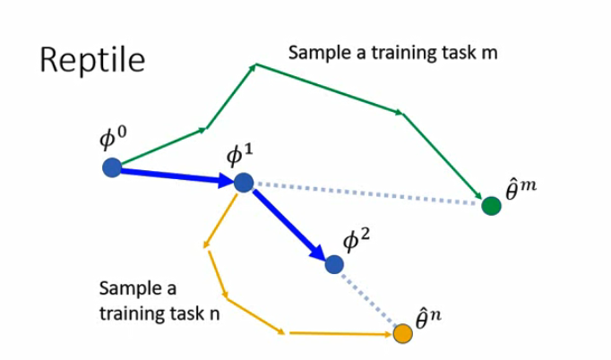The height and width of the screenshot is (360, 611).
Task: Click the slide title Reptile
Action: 92,60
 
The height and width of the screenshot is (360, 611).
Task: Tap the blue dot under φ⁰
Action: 112,167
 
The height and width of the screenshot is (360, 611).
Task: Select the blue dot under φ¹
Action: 244,182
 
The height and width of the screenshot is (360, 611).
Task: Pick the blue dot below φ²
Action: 334,264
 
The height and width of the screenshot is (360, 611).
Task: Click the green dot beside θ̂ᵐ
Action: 491,205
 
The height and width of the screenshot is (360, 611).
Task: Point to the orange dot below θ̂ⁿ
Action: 403,334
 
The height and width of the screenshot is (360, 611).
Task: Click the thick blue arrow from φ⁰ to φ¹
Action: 175,175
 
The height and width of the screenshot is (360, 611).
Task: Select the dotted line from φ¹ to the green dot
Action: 367,193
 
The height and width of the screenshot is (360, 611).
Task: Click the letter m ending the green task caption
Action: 489,54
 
